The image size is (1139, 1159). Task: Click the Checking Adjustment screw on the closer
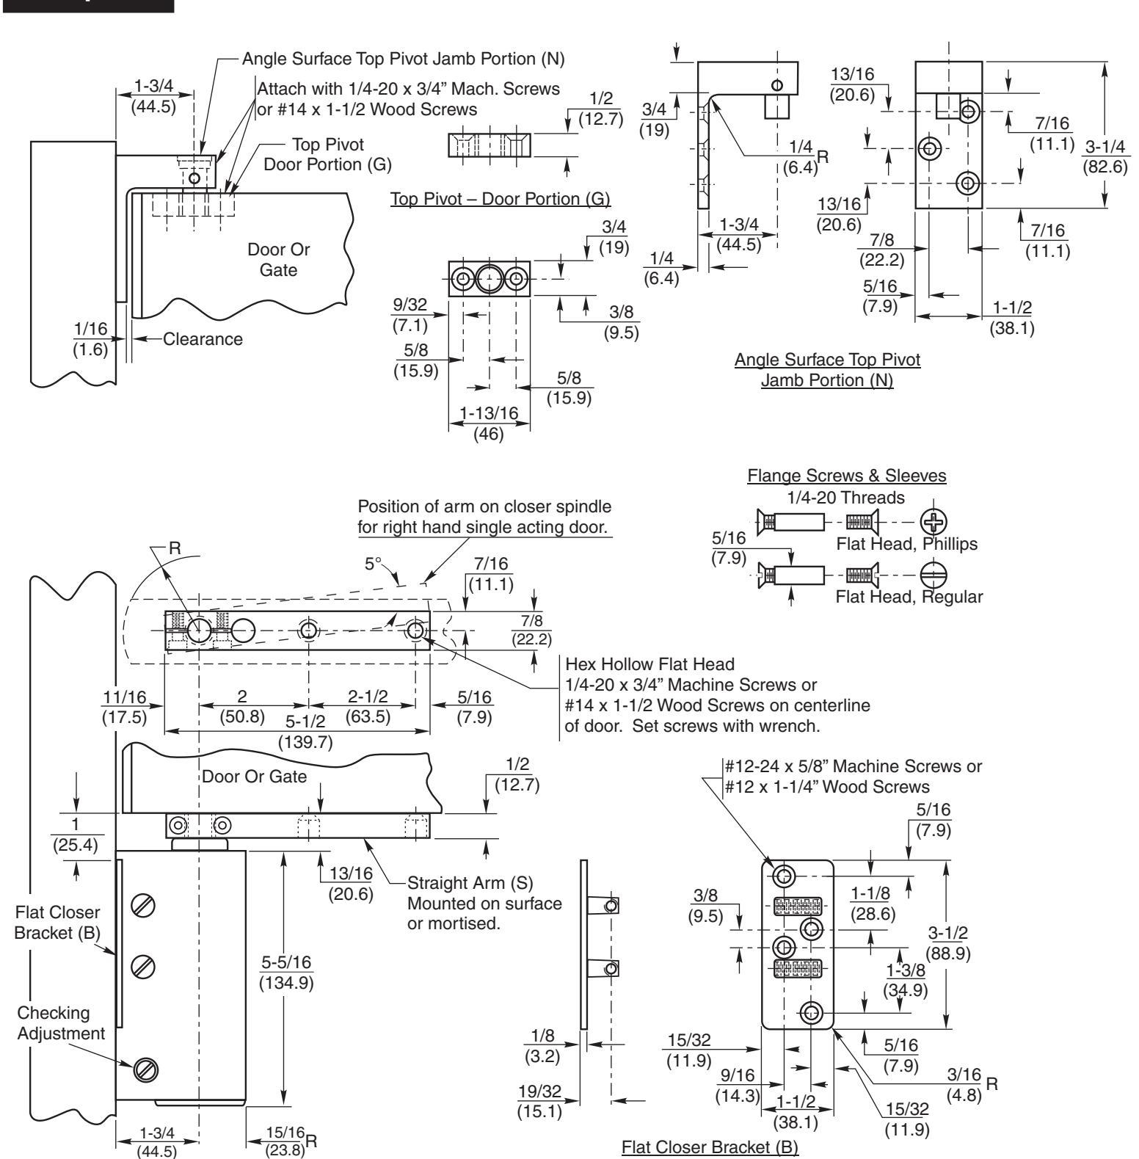pos(142,1070)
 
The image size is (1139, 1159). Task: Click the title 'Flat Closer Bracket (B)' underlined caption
pos(710,1146)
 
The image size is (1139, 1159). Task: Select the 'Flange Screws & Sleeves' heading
pos(846,476)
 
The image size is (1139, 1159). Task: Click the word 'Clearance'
pos(203,340)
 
